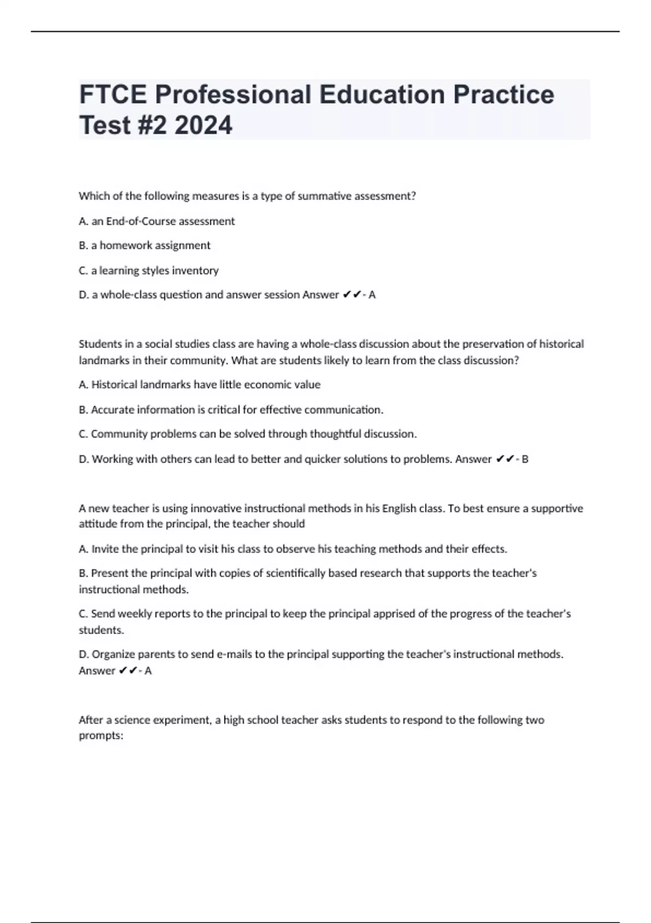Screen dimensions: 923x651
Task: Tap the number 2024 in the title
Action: [204, 125]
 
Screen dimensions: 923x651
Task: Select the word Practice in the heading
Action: [503, 94]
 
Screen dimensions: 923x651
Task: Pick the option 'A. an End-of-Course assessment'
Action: [157, 221]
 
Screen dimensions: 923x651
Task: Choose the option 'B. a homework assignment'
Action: [144, 245]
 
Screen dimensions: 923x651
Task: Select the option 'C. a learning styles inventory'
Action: [149, 270]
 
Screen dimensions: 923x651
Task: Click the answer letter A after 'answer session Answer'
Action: [372, 295]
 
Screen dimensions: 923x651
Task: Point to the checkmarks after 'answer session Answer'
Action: [353, 295]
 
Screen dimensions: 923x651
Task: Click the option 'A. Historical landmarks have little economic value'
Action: [200, 384]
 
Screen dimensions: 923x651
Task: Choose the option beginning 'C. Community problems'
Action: [248, 434]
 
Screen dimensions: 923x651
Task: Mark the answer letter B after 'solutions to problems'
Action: [525, 459]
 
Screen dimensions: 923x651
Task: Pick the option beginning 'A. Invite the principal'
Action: [293, 549]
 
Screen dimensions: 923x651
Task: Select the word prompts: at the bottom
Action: [101, 737]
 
